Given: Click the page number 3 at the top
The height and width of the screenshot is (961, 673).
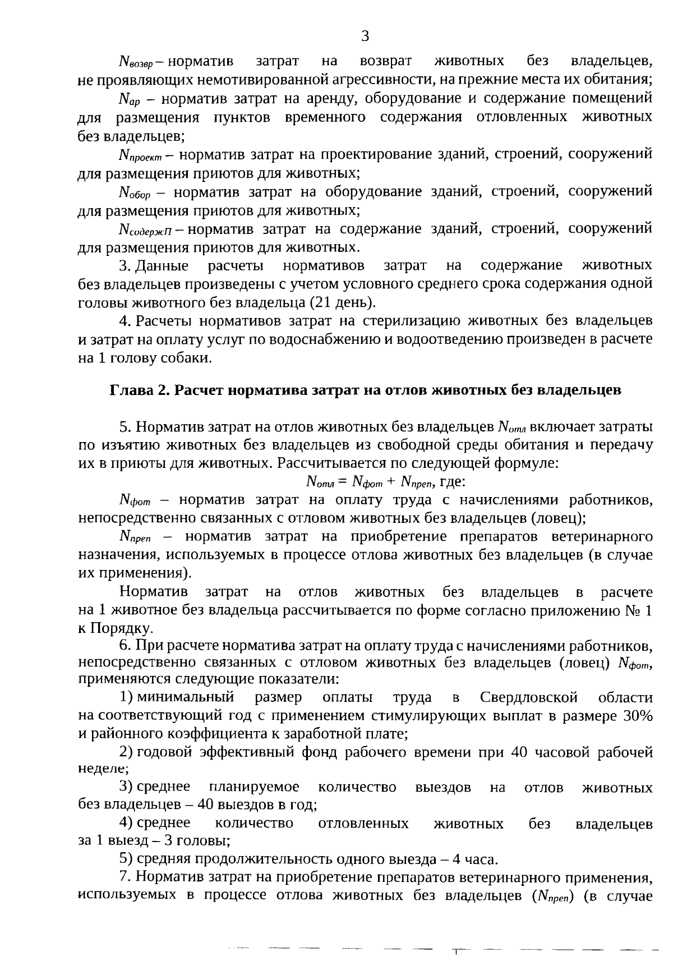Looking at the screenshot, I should pyautogui.click(x=365, y=37).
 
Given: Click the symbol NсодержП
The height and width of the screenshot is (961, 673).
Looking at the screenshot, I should pyautogui.click(x=147, y=230).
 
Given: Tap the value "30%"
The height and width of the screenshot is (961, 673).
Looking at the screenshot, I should pyautogui.click(x=637, y=716).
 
